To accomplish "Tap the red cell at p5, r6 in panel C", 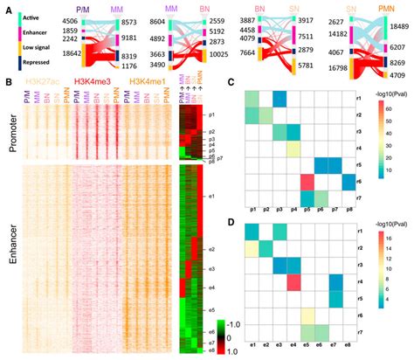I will [x=307, y=181].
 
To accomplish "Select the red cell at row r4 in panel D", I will [x=292, y=282].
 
